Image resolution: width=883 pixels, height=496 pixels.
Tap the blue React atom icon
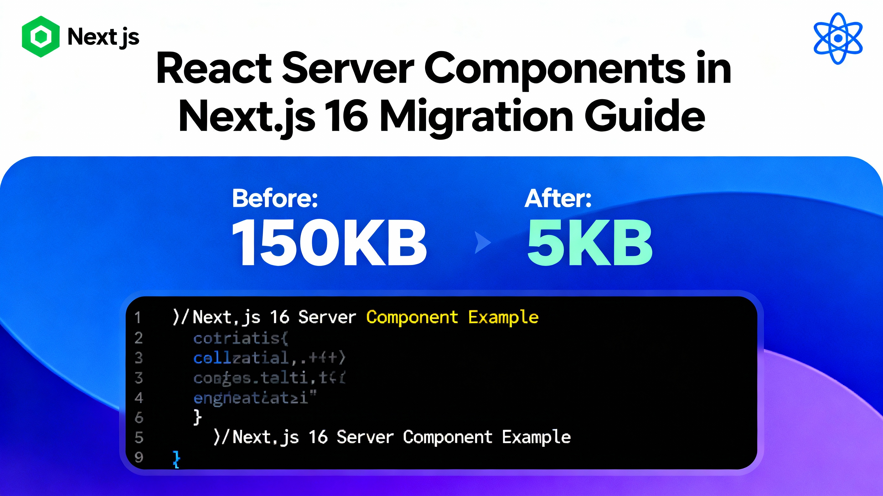838,38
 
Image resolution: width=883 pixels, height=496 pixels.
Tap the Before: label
275,198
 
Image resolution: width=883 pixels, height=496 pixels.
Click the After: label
558,198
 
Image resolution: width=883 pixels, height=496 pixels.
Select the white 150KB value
329,243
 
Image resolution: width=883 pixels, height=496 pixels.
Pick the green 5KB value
590,243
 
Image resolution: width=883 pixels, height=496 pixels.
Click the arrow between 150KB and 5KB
482,243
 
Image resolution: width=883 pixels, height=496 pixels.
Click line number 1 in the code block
138,318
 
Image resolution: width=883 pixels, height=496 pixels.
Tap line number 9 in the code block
139,457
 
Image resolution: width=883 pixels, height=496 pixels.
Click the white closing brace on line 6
197,418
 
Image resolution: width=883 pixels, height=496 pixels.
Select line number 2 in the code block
139,338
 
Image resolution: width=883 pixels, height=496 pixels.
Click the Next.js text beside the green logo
103,37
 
